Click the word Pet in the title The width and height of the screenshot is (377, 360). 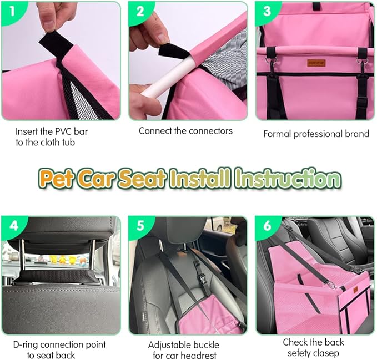click(x=56, y=179)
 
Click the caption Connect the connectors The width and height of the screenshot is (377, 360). click(x=185, y=131)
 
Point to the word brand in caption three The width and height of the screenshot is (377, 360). click(x=357, y=134)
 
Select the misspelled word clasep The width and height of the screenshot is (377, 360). click(x=330, y=353)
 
